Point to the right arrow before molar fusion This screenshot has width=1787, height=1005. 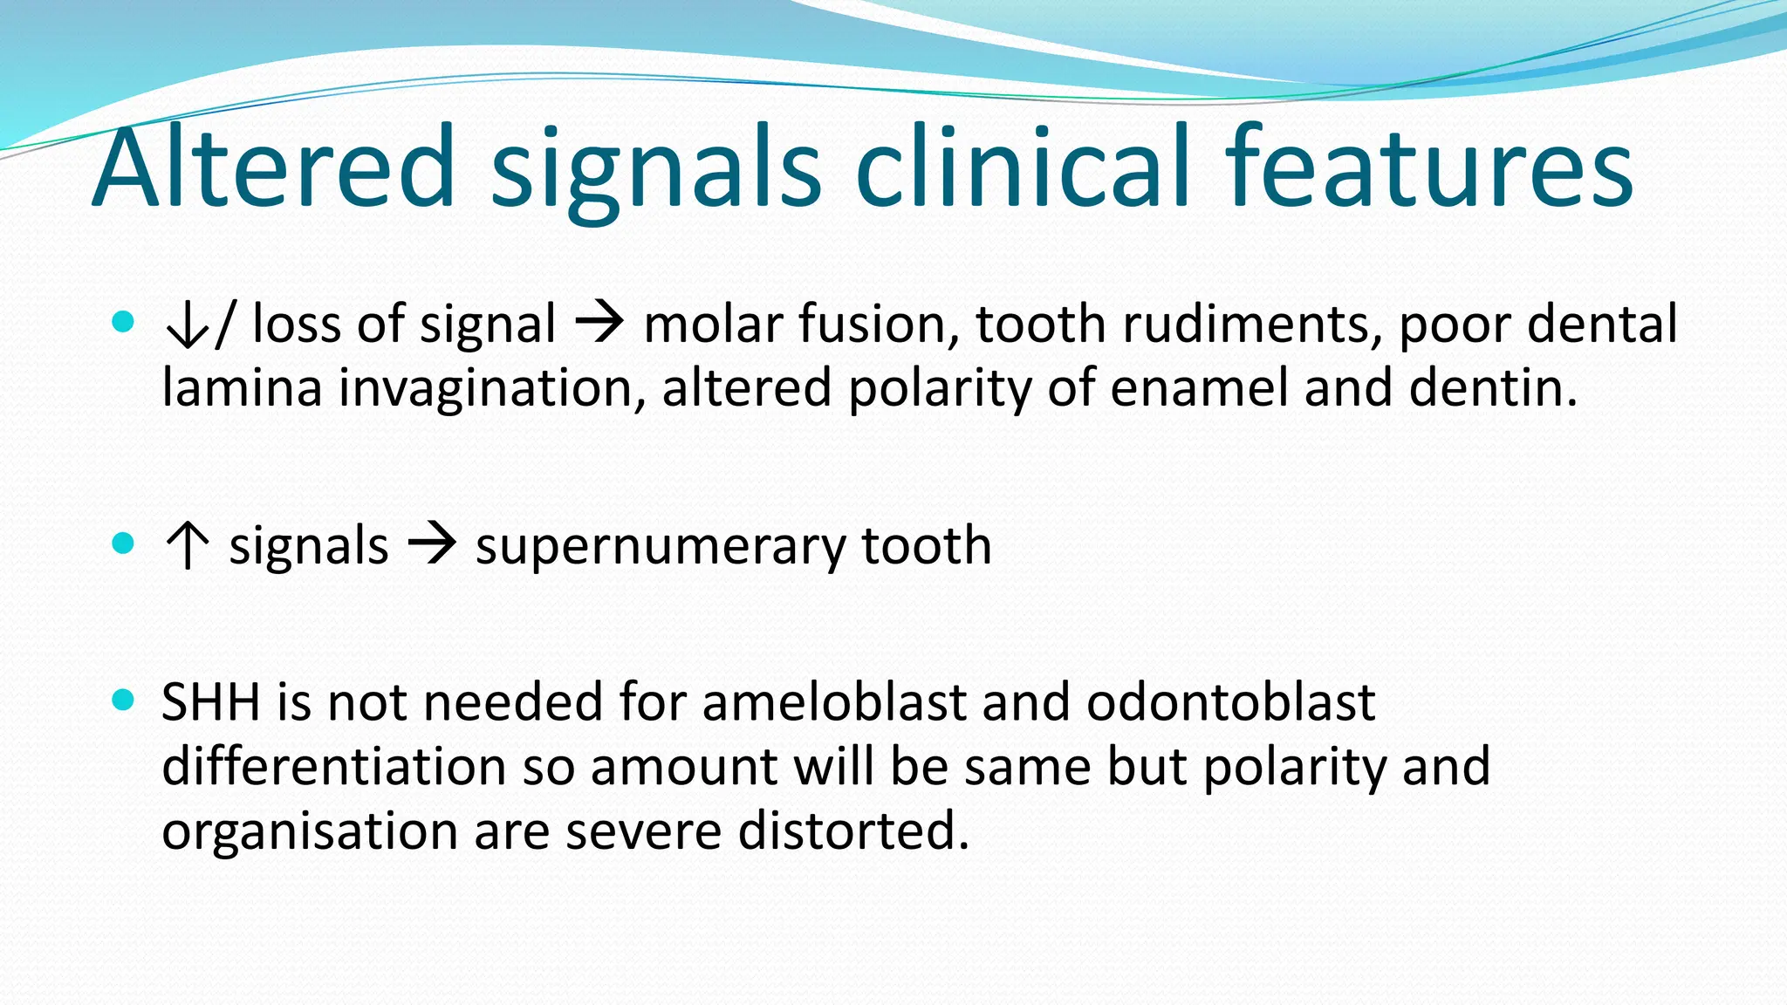click(x=599, y=324)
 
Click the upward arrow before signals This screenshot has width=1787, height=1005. click(x=187, y=546)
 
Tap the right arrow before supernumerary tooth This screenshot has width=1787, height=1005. click(x=432, y=545)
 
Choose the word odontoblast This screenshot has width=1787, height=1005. click(x=1230, y=702)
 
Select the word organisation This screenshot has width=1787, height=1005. click(x=309, y=831)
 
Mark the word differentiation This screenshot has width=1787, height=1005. click(x=333, y=767)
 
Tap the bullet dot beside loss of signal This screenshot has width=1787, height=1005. click(x=124, y=322)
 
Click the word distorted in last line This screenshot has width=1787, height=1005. click(x=852, y=831)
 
